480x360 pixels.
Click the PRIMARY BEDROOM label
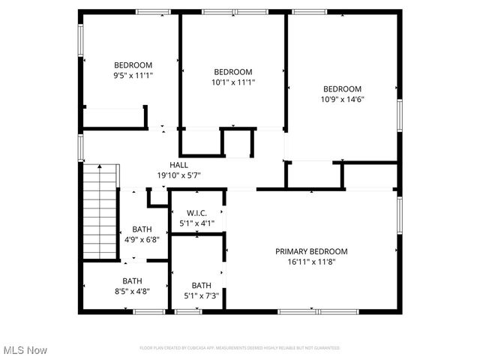(311, 251)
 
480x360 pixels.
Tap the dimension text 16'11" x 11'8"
(311, 262)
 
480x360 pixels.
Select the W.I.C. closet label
(197, 213)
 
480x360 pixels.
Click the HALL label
(178, 165)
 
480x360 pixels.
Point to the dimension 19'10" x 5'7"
(178, 175)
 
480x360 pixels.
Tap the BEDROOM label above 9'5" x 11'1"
(133, 64)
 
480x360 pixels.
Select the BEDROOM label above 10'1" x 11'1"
(233, 72)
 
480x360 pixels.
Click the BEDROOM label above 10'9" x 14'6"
(342, 88)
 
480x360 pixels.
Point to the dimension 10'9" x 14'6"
(342, 99)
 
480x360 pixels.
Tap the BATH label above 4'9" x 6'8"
(142, 229)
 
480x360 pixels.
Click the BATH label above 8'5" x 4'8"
(133, 281)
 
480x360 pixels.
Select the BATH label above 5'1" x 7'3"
(202, 285)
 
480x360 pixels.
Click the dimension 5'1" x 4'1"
(197, 223)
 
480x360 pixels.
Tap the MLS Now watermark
(25, 350)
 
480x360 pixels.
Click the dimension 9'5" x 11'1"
(133, 75)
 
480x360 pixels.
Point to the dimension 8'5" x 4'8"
(133, 292)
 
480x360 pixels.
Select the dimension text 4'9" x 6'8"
(142, 240)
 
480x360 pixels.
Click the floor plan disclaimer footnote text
(239, 348)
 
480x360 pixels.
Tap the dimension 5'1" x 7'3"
(202, 295)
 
